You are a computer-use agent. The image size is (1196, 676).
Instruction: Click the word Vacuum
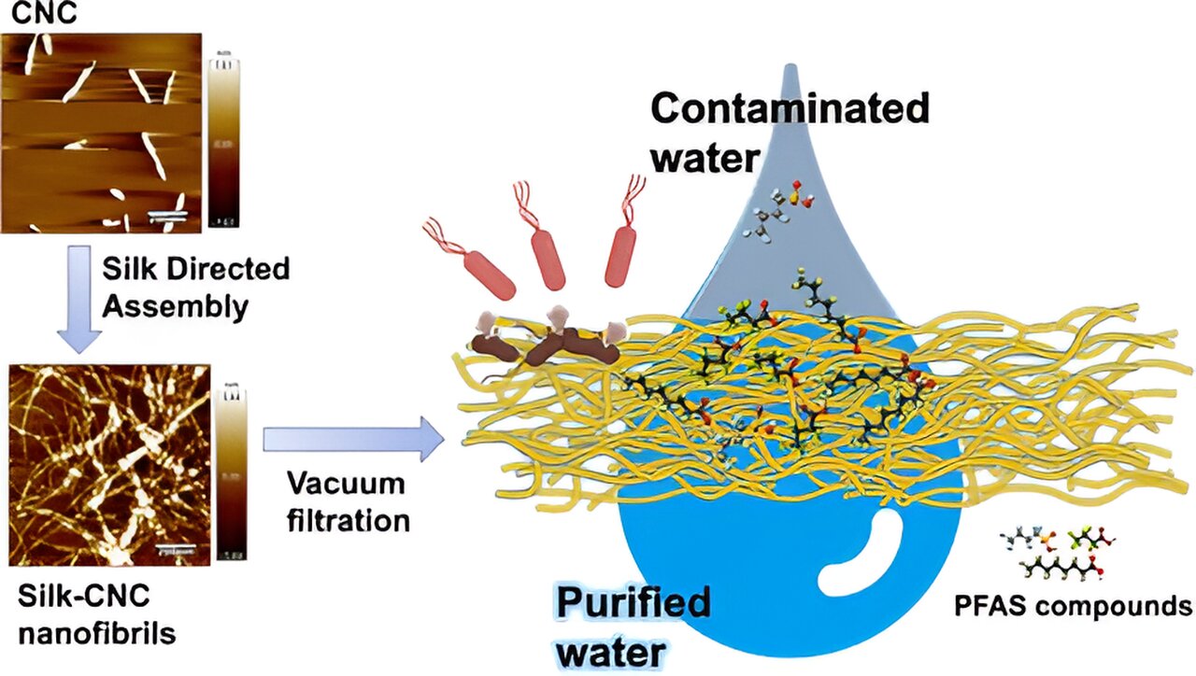coord(346,485)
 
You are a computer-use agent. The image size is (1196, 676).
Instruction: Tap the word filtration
coord(348,519)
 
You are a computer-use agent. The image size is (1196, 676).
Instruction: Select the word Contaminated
coord(790,109)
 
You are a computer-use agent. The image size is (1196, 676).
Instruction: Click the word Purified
coord(634,603)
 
